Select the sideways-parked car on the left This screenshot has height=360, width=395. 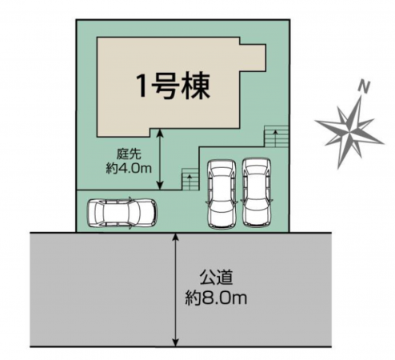pyautogui.click(x=122, y=214)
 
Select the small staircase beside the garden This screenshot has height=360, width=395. pyautogui.click(x=189, y=178)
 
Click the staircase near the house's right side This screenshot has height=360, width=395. pyautogui.click(x=276, y=136)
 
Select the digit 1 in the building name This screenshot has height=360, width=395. pyautogui.click(x=141, y=85)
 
